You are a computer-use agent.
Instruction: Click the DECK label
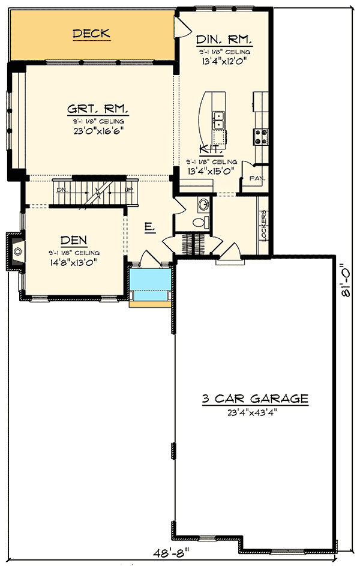[x=91, y=34]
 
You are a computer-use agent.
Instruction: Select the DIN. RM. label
[x=224, y=40]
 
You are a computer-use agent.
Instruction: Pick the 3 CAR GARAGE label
[x=255, y=399]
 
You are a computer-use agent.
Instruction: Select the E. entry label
[x=150, y=227]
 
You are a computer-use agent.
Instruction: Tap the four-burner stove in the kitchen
[x=262, y=137]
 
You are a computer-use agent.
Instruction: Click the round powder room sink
[x=203, y=203]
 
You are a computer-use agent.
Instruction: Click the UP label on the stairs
[x=128, y=189]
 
